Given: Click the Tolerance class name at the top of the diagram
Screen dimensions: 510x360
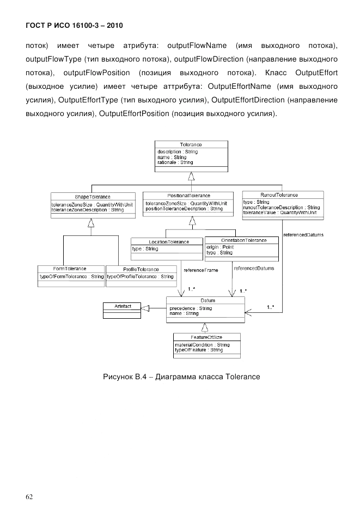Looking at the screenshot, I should click(x=191, y=145).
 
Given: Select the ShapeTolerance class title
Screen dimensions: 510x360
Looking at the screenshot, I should click(x=93, y=196).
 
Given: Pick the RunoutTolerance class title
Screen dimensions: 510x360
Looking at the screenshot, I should click(x=282, y=195).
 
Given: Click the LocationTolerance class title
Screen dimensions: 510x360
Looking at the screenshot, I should click(x=169, y=241).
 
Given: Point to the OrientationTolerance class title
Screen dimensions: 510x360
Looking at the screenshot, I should click(x=243, y=240).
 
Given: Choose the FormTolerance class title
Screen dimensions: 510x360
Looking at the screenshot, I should click(x=70, y=269).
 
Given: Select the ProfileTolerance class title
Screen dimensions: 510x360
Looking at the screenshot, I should click(x=141, y=269).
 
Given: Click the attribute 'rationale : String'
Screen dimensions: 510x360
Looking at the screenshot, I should click(x=175, y=162).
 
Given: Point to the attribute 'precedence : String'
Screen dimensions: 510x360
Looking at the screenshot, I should click(x=191, y=308).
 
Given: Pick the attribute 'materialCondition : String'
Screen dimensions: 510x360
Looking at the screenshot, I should click(x=202, y=345).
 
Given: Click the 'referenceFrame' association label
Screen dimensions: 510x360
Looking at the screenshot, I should click(x=201, y=270).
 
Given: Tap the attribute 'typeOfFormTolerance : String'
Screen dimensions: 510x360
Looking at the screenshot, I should click(x=71, y=277).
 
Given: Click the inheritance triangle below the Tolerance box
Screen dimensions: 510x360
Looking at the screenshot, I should click(x=191, y=175).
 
